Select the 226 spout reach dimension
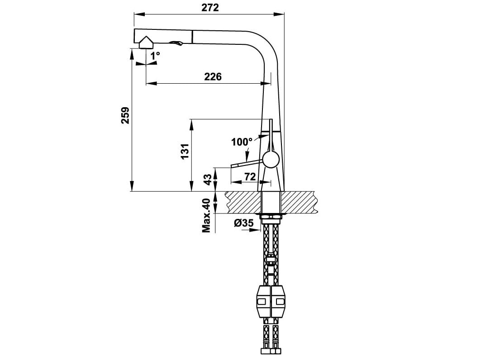point(213,76)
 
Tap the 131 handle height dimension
point(184,154)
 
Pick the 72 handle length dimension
point(249,177)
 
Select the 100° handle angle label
point(242,142)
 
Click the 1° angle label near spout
point(155,56)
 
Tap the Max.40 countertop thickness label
point(207,215)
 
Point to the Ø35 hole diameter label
point(243,223)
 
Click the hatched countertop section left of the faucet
point(243,202)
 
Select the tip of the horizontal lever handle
point(233,166)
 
